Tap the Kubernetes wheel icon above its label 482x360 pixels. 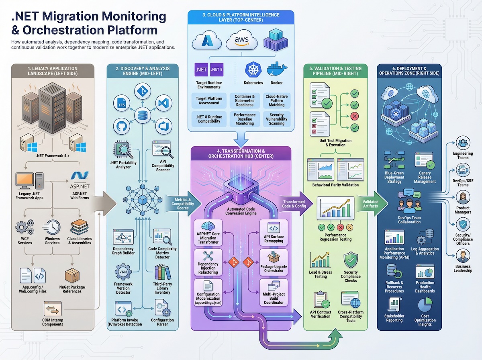253,69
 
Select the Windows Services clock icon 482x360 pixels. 52,227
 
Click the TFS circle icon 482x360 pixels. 121,104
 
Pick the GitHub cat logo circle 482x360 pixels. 121,126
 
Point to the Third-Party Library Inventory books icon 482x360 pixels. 162,272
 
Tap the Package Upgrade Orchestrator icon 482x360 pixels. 274,256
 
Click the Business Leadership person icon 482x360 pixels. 463,256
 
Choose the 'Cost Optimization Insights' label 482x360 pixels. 425,320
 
